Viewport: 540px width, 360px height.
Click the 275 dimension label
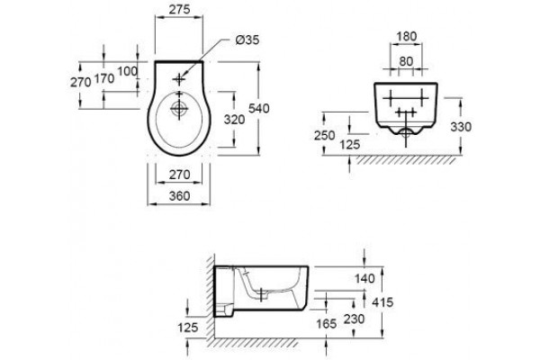[x=179, y=9]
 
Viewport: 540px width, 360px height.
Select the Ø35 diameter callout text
[x=247, y=40]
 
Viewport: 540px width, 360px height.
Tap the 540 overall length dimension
[x=259, y=109]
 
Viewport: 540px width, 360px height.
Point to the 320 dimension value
[x=234, y=120]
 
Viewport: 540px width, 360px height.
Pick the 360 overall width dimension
[x=179, y=196]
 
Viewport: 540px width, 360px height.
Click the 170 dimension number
[x=104, y=78]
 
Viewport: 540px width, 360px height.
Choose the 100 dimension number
[x=128, y=71]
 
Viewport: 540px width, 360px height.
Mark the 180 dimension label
[x=407, y=36]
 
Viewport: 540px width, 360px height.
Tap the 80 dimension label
[x=406, y=61]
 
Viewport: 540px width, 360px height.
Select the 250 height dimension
[x=324, y=135]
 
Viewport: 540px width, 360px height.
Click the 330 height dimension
[x=461, y=127]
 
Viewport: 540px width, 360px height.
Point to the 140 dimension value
[x=364, y=278]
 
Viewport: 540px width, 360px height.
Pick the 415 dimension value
[x=382, y=302]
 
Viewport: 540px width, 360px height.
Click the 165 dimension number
[x=326, y=323]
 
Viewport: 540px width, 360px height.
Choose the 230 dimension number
[x=354, y=319]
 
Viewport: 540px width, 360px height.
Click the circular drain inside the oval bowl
[x=179, y=110]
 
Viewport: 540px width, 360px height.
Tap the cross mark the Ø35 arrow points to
[x=179, y=79]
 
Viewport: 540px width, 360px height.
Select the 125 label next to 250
[x=350, y=144]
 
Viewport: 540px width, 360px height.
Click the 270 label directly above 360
[x=179, y=175]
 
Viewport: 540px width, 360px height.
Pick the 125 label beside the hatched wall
[x=188, y=328]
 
